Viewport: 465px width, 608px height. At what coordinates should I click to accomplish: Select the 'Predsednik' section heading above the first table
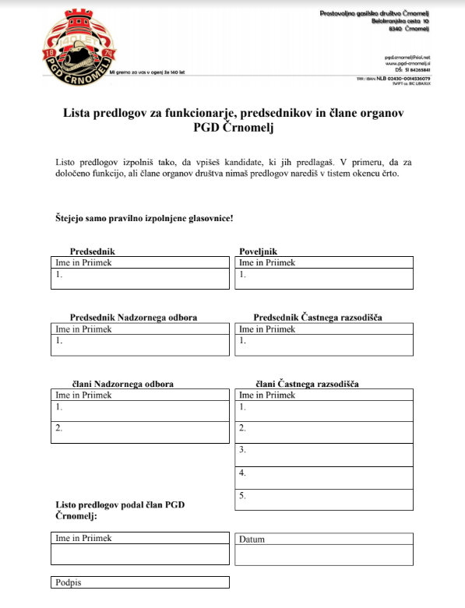(x=93, y=251)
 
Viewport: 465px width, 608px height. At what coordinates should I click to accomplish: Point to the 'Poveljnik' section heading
(x=258, y=251)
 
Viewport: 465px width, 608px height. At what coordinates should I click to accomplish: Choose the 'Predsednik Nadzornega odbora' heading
(x=133, y=318)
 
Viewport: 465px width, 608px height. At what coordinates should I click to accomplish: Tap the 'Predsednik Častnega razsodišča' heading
(x=317, y=318)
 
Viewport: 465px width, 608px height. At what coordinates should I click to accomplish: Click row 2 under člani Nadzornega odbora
(x=139, y=431)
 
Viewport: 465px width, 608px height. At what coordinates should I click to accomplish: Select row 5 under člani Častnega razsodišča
(x=323, y=498)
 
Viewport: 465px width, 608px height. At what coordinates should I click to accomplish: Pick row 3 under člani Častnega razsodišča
(x=323, y=454)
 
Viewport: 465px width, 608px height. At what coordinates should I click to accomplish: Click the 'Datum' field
(x=323, y=548)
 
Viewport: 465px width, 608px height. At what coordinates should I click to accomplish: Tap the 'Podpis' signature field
(x=140, y=582)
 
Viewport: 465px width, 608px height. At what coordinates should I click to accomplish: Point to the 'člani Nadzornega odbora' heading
(x=122, y=385)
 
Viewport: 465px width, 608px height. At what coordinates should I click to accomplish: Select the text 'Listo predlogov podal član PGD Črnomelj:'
(x=121, y=510)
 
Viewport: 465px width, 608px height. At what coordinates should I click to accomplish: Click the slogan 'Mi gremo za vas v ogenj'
(x=147, y=72)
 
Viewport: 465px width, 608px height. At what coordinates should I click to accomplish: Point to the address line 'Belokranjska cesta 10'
(x=400, y=21)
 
